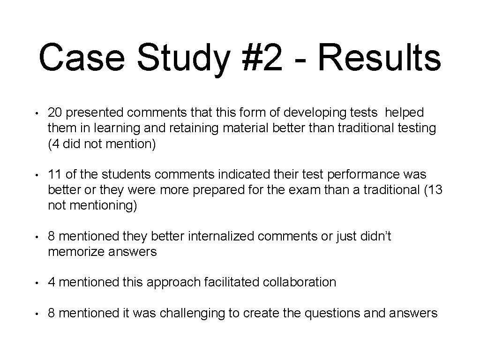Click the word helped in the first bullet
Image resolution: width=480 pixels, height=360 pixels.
404,112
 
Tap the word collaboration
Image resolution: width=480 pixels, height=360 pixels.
300,282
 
